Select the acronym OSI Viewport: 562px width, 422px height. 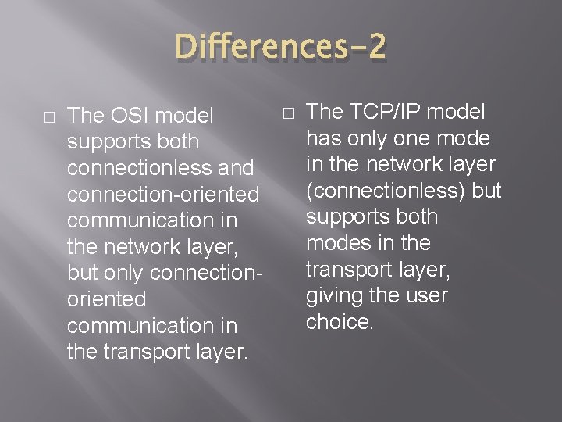[x=124, y=116]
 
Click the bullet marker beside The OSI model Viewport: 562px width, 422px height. [x=49, y=116]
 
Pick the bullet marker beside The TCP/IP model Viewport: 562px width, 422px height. [x=288, y=112]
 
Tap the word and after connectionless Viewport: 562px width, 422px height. [x=238, y=168]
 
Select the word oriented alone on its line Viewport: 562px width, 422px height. [x=107, y=299]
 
